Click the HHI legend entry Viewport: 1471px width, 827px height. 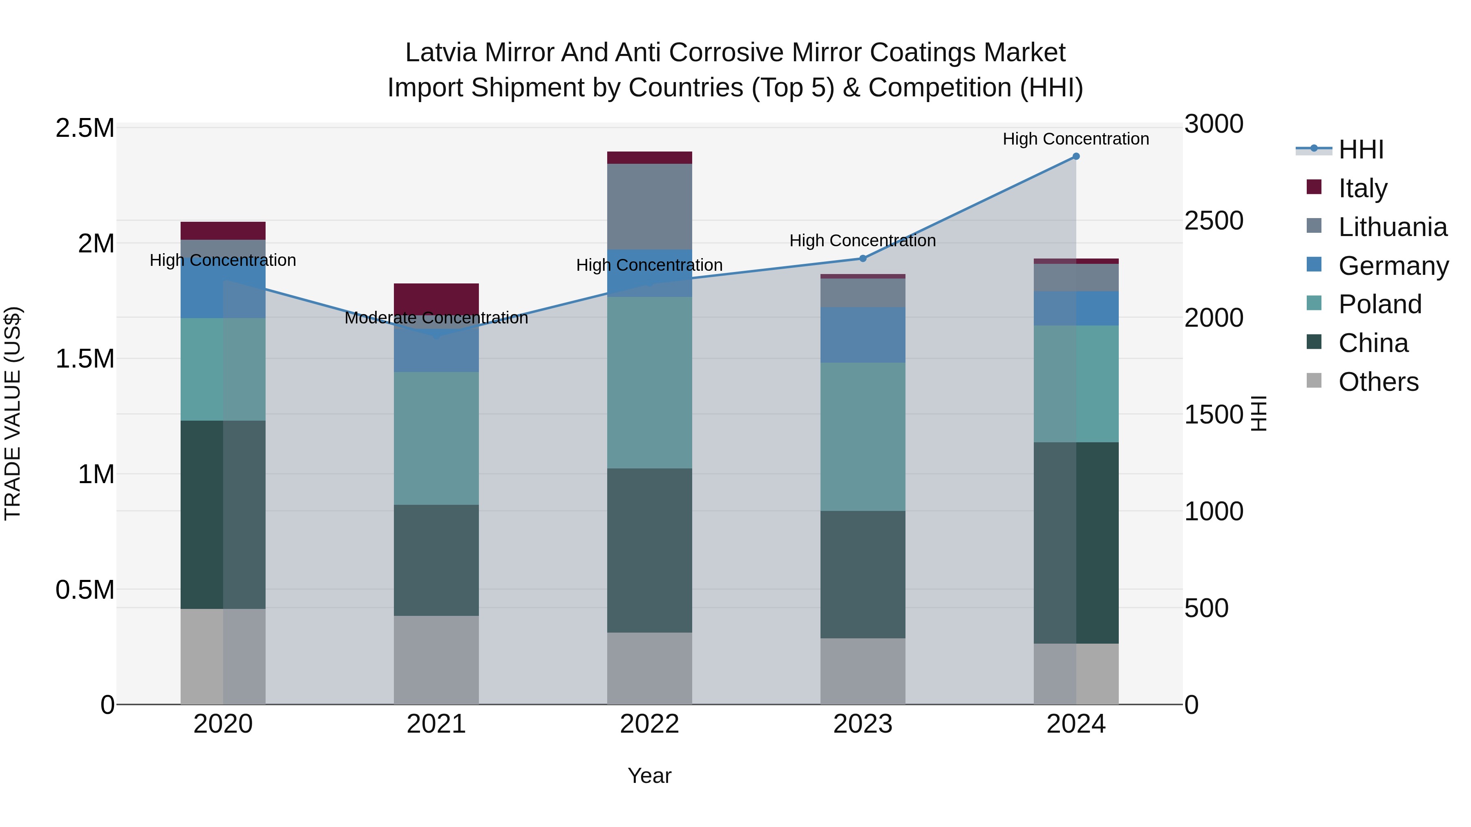(x=1360, y=149)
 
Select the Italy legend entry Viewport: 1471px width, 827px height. (x=1362, y=188)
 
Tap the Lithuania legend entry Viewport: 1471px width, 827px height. (x=1392, y=227)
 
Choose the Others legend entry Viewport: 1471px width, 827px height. (x=1378, y=382)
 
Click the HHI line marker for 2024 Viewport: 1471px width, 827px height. (x=1076, y=156)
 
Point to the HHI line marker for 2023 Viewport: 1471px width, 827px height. (x=863, y=259)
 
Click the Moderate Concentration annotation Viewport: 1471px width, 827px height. (x=436, y=318)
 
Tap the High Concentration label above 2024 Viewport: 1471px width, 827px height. (x=1076, y=139)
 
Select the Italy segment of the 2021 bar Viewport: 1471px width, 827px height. (x=436, y=299)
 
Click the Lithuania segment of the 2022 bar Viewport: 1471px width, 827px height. (x=649, y=206)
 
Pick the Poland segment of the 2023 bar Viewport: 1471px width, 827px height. (x=863, y=437)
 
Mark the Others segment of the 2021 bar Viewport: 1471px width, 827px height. (x=436, y=660)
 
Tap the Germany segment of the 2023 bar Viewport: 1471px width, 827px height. (x=863, y=335)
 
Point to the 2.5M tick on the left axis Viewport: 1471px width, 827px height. (x=85, y=128)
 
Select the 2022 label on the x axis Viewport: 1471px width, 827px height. (x=649, y=724)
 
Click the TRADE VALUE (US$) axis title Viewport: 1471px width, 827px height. (x=13, y=413)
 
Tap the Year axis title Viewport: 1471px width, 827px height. (x=649, y=776)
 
